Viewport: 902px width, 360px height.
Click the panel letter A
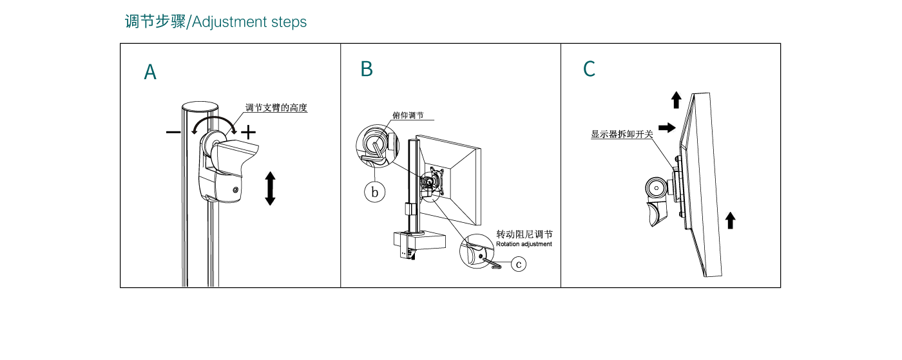pos(150,72)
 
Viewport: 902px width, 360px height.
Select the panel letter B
pos(367,69)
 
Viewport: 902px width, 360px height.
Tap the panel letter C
pos(589,69)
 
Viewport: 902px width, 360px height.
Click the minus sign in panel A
pos(173,132)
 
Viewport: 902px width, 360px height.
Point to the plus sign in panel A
pos(248,132)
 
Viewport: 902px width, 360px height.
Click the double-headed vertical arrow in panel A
pos(270,188)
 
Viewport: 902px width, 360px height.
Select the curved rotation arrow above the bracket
pos(216,122)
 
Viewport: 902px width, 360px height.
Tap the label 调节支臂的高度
pos(276,108)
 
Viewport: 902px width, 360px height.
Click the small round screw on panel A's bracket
pos(235,191)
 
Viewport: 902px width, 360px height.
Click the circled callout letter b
pos(375,192)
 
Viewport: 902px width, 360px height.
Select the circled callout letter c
pos(519,263)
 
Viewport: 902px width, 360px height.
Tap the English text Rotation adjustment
pos(524,245)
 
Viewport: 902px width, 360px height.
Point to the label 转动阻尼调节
pos(524,234)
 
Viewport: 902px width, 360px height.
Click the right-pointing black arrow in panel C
pos(667,128)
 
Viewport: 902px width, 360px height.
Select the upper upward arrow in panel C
pos(676,100)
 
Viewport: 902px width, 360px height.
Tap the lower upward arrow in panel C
pos(730,220)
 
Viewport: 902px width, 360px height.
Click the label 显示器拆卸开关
pos(622,135)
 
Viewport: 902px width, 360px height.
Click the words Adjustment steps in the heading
pos(249,22)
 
